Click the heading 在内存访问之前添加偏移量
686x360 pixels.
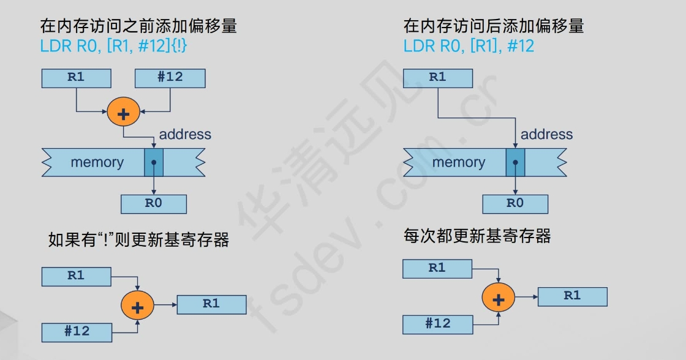138,26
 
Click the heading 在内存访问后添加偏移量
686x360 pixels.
494,26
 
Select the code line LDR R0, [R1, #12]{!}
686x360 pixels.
113,46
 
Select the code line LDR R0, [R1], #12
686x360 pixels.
469,46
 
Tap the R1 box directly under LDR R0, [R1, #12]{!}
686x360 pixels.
76,78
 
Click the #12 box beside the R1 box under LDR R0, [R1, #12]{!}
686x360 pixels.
170,78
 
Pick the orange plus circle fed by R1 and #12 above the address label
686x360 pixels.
123,112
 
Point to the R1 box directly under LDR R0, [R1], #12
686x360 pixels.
437,78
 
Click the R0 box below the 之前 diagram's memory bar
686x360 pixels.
153,204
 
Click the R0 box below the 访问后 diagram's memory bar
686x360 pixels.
514,204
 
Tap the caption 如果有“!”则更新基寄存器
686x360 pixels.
138,239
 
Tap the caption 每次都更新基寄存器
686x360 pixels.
477,236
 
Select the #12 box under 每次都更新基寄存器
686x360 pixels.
437,324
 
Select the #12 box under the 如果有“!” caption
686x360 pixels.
77,332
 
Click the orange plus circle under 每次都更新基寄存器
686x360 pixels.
499,299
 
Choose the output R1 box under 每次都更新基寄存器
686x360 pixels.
572,296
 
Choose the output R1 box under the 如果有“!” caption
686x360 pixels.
211,304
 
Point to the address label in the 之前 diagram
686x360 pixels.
185,135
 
